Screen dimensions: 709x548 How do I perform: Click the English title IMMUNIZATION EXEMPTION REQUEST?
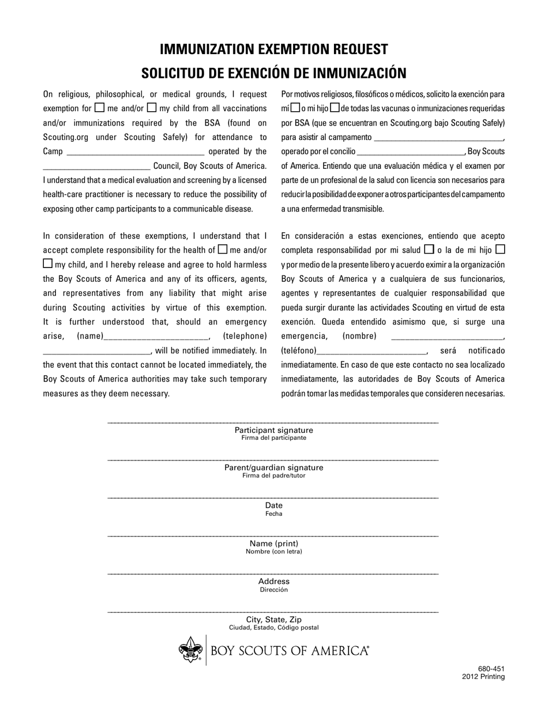[273, 49]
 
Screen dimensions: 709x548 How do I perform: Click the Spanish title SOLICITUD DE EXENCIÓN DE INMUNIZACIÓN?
[273, 73]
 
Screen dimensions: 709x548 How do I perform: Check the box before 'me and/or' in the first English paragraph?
[99, 107]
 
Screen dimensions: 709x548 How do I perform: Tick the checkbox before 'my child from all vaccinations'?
[152, 107]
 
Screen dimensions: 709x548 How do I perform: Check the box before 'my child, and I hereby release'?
[48, 263]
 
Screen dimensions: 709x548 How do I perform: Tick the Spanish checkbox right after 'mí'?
[295, 108]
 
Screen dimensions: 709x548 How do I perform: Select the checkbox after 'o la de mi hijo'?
[500, 250]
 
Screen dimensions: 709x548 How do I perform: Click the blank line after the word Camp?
[136, 152]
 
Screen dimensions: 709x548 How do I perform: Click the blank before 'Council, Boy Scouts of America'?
[96, 167]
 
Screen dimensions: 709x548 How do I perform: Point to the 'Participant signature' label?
[273, 430]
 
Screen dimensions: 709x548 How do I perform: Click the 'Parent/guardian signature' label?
[273, 467]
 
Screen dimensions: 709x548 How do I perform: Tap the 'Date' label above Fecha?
[273, 506]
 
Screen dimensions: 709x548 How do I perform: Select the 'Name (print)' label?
[273, 544]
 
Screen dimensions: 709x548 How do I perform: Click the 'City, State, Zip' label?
[273, 620]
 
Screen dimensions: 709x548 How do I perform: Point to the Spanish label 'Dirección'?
[273, 590]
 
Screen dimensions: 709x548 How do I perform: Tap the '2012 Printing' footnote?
[483, 677]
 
